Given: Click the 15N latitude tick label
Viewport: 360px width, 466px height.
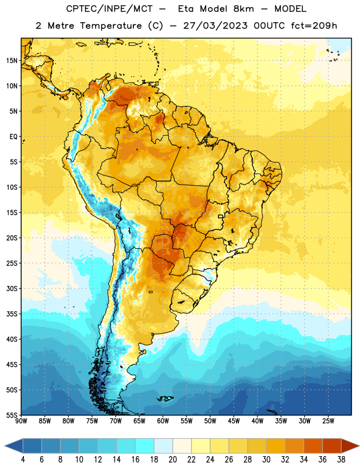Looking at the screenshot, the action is [x=12, y=61].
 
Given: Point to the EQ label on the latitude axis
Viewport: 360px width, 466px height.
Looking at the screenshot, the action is [x=13, y=137].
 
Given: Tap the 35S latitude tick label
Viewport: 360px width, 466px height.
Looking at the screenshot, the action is [x=12, y=314].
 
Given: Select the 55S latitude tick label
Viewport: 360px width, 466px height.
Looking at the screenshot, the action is [x=12, y=415].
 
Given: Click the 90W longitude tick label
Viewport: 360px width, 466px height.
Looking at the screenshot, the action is [x=21, y=421].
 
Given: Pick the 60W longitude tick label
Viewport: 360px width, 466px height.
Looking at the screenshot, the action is [x=163, y=421].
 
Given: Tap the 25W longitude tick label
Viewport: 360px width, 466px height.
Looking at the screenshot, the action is [x=328, y=421].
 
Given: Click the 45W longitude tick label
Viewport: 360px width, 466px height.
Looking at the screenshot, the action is [x=234, y=421].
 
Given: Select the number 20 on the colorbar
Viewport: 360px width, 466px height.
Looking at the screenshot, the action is [x=172, y=460].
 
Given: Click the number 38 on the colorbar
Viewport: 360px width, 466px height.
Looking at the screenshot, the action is [x=341, y=460].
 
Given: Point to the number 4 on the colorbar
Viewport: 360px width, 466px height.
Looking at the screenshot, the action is [x=23, y=460].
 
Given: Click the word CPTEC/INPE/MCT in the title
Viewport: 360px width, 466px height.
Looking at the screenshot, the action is [x=109, y=9].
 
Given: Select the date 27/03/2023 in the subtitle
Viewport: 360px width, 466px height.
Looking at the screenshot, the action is [x=215, y=26].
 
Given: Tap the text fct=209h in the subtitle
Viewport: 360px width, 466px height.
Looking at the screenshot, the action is [x=314, y=26].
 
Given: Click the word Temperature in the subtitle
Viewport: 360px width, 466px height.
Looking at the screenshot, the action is [x=111, y=26].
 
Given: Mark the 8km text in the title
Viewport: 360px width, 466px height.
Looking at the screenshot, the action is [x=243, y=9].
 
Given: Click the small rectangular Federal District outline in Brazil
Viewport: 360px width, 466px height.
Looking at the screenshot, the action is [x=221, y=216].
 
